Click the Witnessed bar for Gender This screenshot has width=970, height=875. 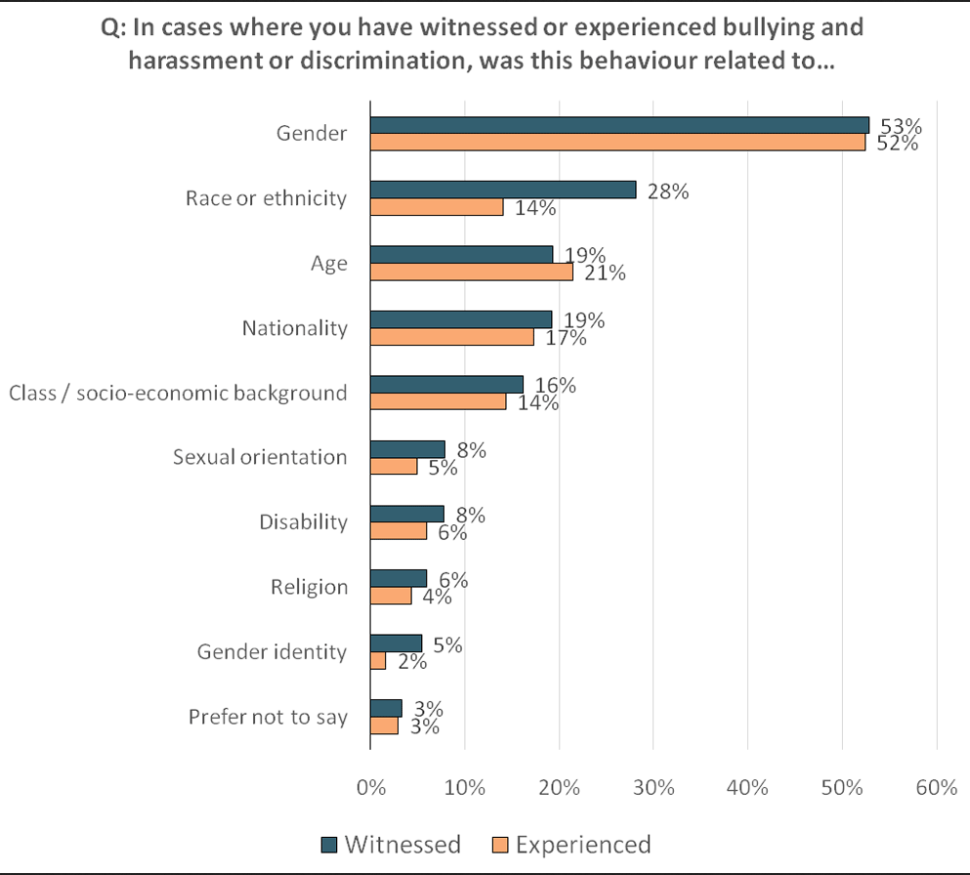619,125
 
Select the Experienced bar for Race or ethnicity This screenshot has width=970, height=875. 437,207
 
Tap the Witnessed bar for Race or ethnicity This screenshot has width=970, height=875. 503,189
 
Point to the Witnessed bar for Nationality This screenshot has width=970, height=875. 461,319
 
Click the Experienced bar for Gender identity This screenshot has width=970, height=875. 378,661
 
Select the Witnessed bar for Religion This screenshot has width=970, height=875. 399,578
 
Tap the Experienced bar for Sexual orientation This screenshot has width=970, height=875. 394,467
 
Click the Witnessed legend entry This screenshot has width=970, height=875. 391,844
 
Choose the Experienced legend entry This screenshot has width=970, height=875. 570,844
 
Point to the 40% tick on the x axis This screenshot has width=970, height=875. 747,787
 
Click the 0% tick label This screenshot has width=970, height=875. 370,787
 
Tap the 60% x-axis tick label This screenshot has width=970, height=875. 936,787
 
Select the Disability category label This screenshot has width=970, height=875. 303,521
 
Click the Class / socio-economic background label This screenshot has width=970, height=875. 178,393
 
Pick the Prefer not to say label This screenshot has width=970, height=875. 268,717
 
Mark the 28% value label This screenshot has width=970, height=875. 667,191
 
